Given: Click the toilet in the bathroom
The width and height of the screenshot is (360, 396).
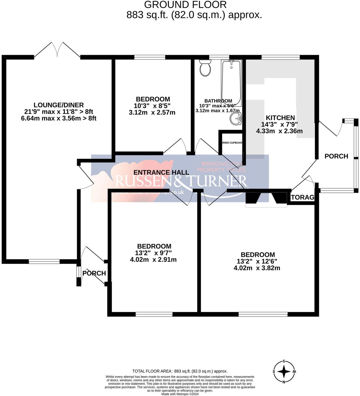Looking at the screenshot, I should [x=205, y=68].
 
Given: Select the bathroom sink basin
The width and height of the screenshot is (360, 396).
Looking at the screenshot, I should [x=236, y=119].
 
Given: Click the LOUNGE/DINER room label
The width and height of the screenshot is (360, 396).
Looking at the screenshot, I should [x=59, y=105].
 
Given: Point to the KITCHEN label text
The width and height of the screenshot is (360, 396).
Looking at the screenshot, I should [x=280, y=118].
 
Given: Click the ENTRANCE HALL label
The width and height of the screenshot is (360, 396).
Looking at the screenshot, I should [x=161, y=172].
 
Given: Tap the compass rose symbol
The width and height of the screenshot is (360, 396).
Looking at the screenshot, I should [x=284, y=372].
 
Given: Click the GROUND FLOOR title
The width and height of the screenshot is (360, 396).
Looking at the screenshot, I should [x=185, y=5].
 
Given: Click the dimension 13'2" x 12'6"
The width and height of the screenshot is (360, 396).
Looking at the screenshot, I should [x=257, y=261].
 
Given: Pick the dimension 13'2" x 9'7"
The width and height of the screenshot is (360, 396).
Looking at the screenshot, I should [x=153, y=253].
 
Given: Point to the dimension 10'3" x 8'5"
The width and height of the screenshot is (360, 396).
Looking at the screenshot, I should [x=152, y=106].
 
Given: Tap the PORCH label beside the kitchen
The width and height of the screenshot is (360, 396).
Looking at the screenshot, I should [x=336, y=156].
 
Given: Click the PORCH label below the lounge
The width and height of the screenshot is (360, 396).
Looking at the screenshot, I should [x=94, y=273].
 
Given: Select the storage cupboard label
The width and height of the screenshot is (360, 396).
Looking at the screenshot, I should [x=302, y=197].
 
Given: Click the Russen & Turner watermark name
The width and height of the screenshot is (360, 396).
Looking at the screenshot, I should [x=181, y=181].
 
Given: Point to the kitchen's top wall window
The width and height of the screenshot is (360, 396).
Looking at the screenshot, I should [x=281, y=57].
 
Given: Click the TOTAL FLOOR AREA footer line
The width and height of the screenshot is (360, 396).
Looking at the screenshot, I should [x=180, y=371].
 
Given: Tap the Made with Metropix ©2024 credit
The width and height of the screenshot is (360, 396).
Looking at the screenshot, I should [x=180, y=394].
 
